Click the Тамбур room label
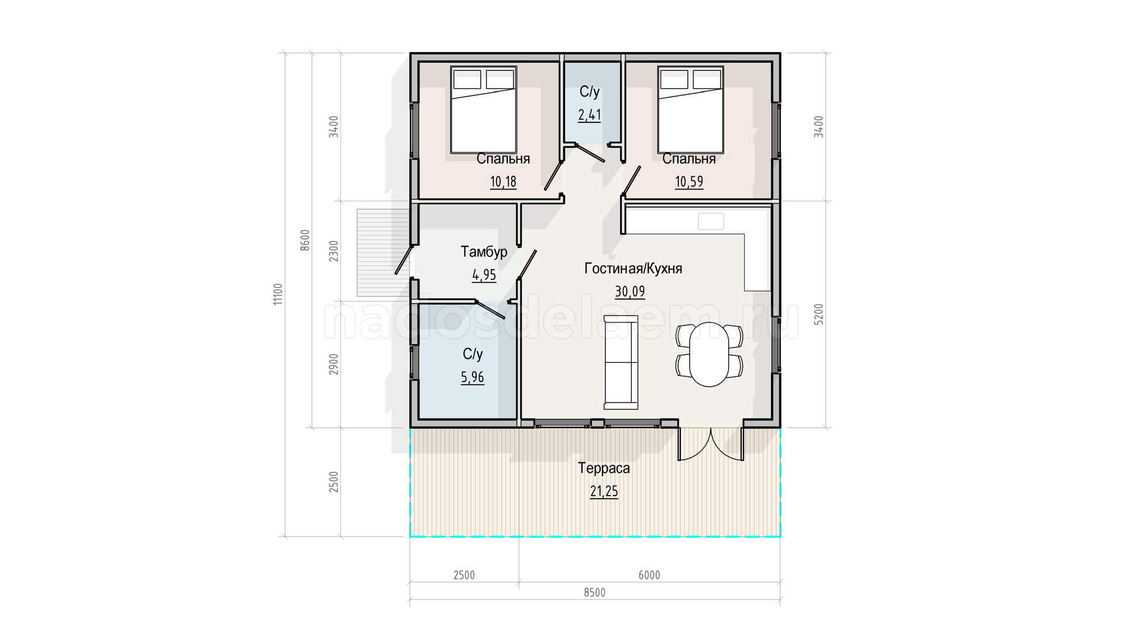tap(484, 252)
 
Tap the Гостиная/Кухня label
tap(633, 269)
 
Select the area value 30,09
tap(630, 291)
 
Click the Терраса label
tap(604, 468)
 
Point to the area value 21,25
tap(604, 492)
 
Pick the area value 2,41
tap(590, 115)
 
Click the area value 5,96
tap(473, 377)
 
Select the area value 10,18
tap(503, 181)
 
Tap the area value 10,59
tap(689, 181)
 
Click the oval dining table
tap(709, 355)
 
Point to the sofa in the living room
tap(621, 362)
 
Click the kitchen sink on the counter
tap(711, 222)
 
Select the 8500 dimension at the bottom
tap(595, 593)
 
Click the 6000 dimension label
tap(649, 575)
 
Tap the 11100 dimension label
tap(278, 294)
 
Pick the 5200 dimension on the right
tap(819, 315)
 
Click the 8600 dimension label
tap(305, 241)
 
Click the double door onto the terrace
tap(711, 445)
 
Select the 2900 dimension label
tap(333, 365)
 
